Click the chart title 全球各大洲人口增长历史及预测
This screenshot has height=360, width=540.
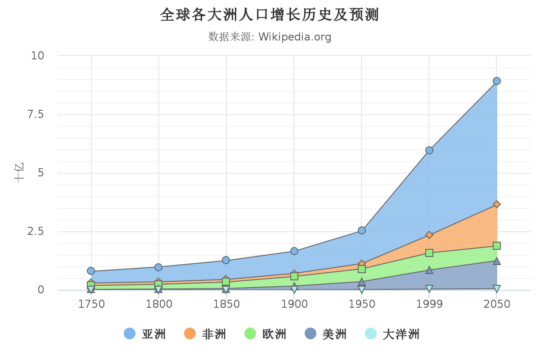[270, 15]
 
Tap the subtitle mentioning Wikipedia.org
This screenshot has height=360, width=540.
[270, 37]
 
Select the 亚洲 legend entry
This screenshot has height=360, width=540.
[145, 334]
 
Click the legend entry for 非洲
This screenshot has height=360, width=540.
[205, 334]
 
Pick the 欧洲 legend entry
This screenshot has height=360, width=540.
[265, 334]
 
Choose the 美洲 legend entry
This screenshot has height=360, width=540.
[326, 334]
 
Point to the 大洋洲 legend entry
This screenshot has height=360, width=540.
[392, 334]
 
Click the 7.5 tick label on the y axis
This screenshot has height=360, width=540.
[36, 114]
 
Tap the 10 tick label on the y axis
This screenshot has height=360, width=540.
[37, 56]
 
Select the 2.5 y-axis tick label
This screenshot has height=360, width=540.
[36, 231]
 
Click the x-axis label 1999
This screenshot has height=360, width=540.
[429, 305]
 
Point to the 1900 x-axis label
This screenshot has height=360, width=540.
[294, 305]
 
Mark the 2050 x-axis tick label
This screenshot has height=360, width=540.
[497, 305]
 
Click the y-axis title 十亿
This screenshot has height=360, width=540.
[19, 173]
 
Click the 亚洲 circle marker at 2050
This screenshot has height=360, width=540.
[497, 81]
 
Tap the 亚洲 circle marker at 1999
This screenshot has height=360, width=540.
[429, 150]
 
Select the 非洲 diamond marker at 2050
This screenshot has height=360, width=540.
[497, 204]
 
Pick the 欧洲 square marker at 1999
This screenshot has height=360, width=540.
[429, 253]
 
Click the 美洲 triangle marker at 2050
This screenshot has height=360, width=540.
[497, 261]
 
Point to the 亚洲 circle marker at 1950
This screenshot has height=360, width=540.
[362, 230]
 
